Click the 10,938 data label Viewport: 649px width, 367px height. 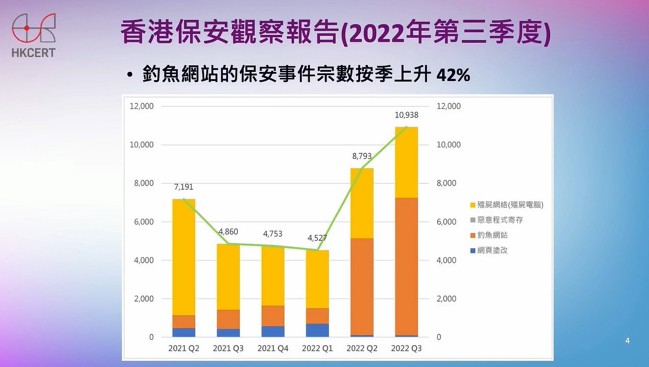pyautogui.click(x=406, y=115)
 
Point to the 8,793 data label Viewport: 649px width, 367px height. pyautogui.click(x=362, y=157)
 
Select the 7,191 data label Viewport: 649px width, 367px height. pyautogui.click(x=183, y=187)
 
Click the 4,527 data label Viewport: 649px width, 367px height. pyautogui.click(x=317, y=239)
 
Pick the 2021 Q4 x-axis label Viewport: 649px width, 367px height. pyautogui.click(x=273, y=349)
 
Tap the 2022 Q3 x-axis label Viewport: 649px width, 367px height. pyautogui.click(x=406, y=349)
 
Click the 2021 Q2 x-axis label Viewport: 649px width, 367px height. pyautogui.click(x=184, y=349)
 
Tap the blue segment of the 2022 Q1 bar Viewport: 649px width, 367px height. pyautogui.click(x=317, y=330)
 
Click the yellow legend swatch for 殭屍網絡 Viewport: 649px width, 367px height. pyautogui.click(x=473, y=205)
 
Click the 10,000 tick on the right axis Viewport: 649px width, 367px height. pyautogui.click(x=448, y=145)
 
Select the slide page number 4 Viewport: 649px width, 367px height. pyautogui.click(x=627, y=341)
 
